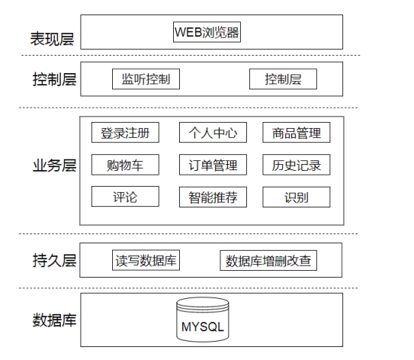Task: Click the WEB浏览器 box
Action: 207,32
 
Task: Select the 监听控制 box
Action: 146,79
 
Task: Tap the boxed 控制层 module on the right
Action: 283,79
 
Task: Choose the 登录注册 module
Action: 125,132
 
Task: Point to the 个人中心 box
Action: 213,132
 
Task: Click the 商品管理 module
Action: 297,132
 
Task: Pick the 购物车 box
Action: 125,165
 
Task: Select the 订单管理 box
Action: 213,165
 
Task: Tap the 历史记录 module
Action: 297,165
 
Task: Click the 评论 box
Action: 125,197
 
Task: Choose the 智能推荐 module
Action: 213,197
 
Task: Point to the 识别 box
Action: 297,197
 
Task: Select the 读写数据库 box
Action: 146,260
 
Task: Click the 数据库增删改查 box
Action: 268,260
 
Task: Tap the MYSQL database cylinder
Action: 203,320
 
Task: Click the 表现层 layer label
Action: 52,39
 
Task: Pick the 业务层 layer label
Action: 54,166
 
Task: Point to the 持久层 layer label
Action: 54,260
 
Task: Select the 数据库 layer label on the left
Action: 54,320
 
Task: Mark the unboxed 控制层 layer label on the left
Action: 54,79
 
